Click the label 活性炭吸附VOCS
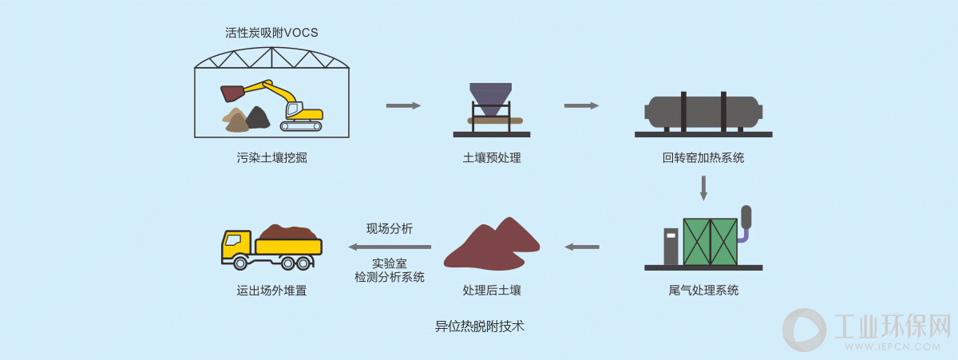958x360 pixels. click(x=271, y=33)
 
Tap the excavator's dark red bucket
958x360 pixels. click(x=232, y=93)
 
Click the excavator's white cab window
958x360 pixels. click(x=293, y=109)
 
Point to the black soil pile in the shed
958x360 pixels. click(x=257, y=117)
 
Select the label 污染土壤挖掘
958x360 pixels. click(x=271, y=158)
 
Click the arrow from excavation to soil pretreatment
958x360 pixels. click(x=403, y=105)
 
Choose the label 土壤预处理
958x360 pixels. click(x=492, y=158)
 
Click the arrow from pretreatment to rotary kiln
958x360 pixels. click(x=581, y=105)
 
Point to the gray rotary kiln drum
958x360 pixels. click(x=703, y=112)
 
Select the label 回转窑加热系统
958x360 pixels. click(x=703, y=158)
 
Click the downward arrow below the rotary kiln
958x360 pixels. click(x=703, y=188)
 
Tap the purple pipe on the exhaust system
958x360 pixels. click(x=744, y=235)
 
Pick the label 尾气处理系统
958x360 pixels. click(x=703, y=291)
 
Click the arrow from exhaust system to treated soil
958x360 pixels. click(x=582, y=247)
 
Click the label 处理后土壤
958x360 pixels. click(x=492, y=291)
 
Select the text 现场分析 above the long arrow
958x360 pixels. click(x=390, y=229)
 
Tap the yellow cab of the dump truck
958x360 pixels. click(x=236, y=247)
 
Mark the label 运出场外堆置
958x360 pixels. click(x=271, y=291)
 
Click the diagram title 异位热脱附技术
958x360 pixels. click(x=480, y=326)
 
